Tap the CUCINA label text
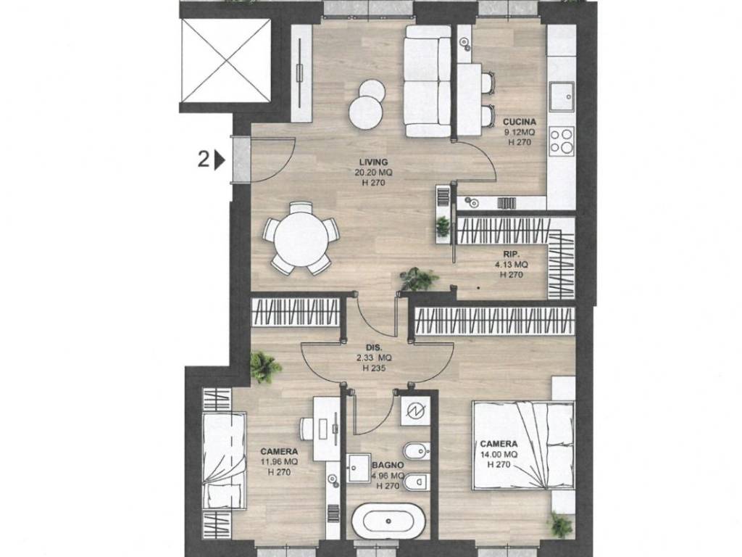(x=519, y=122)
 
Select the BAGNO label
(x=388, y=466)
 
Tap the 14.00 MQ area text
(x=499, y=454)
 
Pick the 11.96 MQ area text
(x=279, y=462)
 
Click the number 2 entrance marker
(x=203, y=160)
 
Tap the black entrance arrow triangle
(x=220, y=160)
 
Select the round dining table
(x=301, y=238)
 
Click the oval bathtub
(x=388, y=521)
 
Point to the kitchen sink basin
(x=561, y=96)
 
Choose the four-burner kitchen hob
(x=561, y=141)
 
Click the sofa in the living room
(x=428, y=81)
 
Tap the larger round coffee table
(x=365, y=112)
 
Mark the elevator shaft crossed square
(x=226, y=60)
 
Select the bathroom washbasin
(x=358, y=468)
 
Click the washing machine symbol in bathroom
(x=414, y=410)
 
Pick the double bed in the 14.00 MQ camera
(x=523, y=445)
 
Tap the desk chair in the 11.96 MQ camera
(x=307, y=429)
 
